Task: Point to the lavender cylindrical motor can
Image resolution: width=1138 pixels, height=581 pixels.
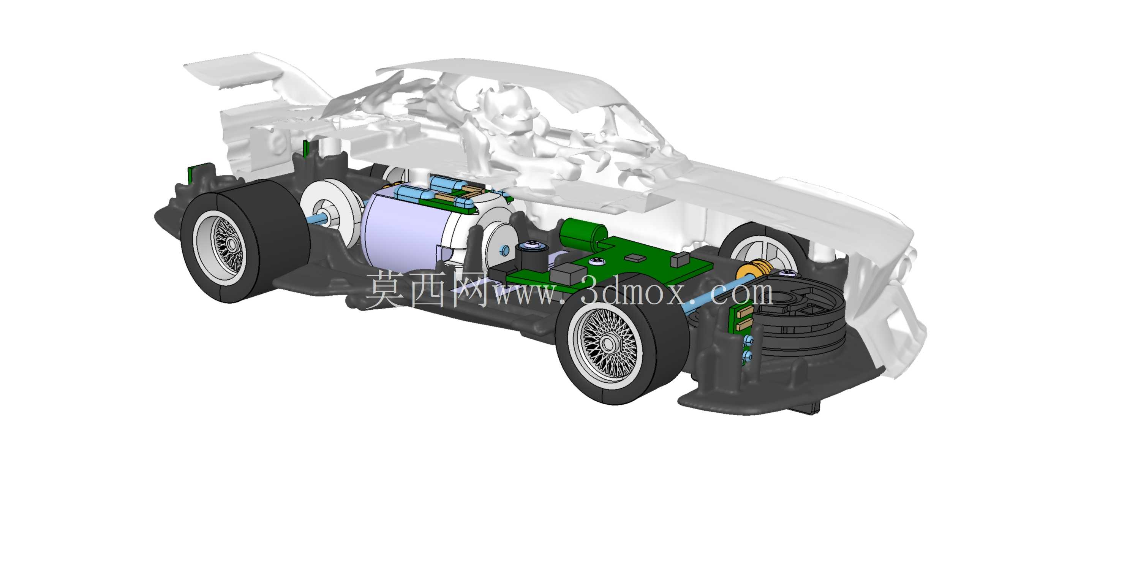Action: pyautogui.click(x=404, y=230)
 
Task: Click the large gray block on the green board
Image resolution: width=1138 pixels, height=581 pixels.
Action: pyautogui.click(x=569, y=274)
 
